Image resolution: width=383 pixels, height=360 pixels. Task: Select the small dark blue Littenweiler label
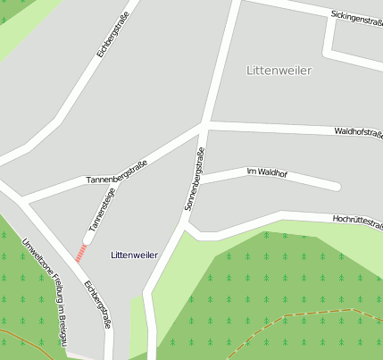click(x=134, y=255)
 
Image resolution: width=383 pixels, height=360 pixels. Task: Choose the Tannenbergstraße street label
click(x=116, y=173)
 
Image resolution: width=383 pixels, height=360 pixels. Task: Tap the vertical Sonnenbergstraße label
click(x=195, y=180)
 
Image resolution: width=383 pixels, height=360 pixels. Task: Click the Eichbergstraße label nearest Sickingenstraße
click(x=113, y=35)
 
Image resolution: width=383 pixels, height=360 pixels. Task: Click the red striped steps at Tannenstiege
click(x=81, y=253)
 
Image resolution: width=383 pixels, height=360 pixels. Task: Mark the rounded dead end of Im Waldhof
click(x=336, y=186)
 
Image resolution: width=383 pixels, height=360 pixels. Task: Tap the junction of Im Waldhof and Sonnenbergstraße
click(x=197, y=180)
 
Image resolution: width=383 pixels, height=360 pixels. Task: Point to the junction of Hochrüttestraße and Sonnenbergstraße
click(x=186, y=225)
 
